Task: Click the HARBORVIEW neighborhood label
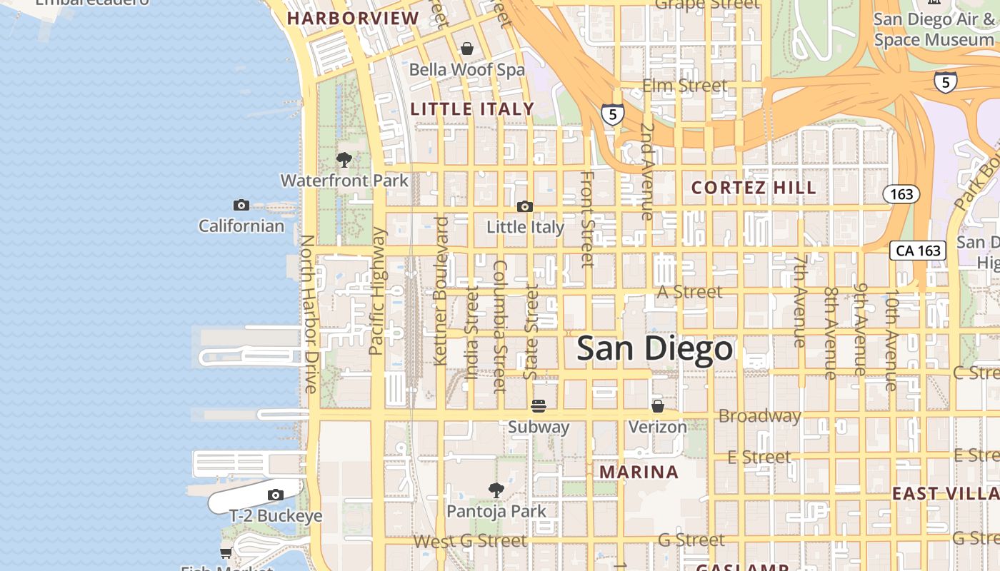[353, 19]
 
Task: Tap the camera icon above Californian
[241, 206]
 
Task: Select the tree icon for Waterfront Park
[344, 160]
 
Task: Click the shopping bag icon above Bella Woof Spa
[467, 49]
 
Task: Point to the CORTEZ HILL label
[754, 188]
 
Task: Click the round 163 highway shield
[901, 194]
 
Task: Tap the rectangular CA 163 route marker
[918, 251]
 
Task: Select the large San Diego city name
[654, 349]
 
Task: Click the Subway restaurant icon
[539, 406]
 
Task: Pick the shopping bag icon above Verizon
[658, 406]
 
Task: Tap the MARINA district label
[639, 472]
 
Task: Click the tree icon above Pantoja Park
[496, 490]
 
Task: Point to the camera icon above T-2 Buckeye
[276, 495]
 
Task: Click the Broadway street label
[759, 415]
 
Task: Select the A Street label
[690, 291]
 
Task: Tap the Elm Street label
[685, 86]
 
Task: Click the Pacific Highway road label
[377, 291]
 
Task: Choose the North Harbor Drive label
[309, 314]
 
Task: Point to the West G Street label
[470, 541]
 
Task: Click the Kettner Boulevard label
[441, 290]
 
